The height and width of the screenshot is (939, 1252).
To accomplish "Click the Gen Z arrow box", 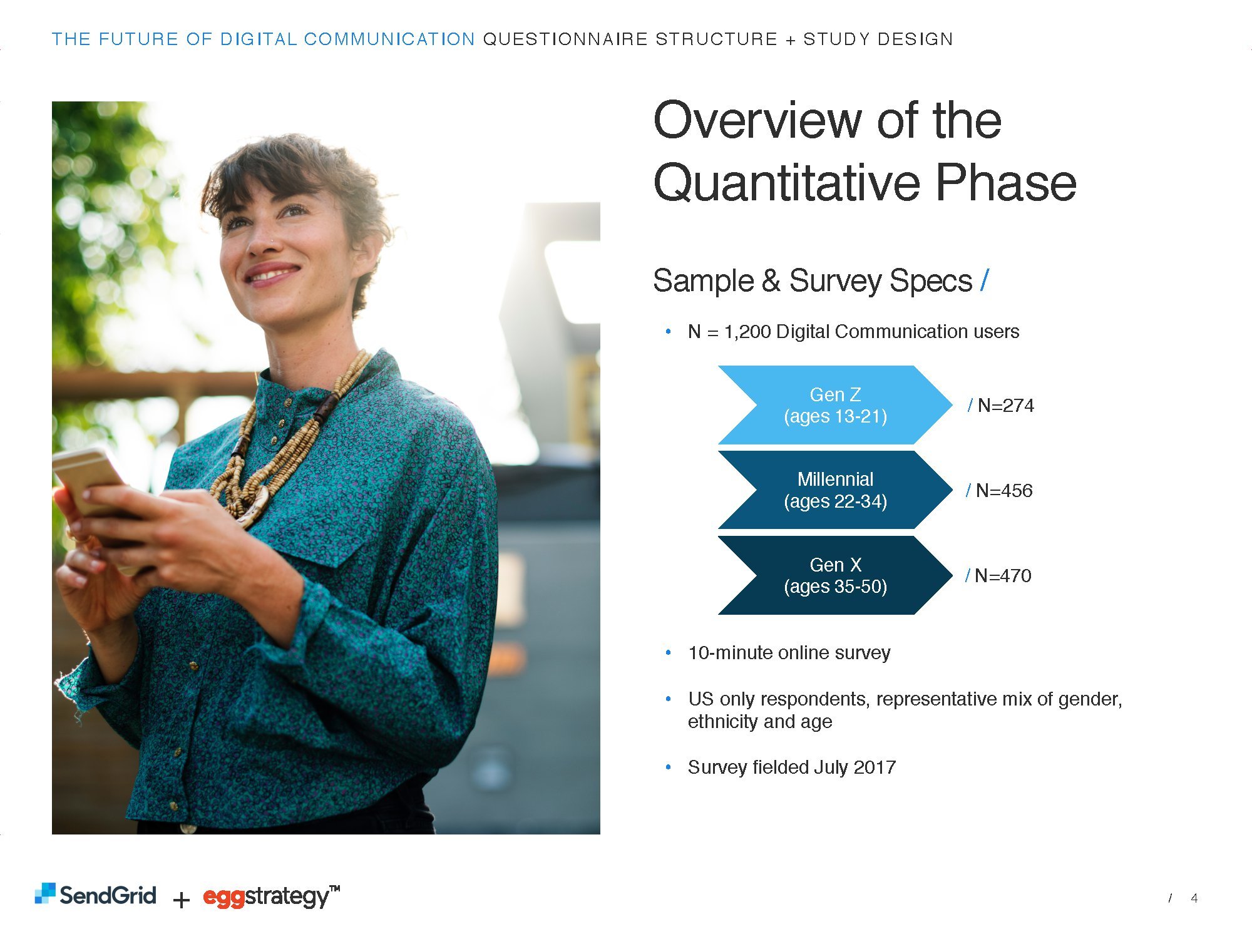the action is click(835, 405).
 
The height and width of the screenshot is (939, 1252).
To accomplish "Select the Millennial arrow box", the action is click(835, 490).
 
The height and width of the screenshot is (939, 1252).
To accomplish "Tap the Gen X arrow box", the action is click(835, 575).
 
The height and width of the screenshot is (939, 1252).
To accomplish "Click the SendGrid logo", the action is click(95, 895).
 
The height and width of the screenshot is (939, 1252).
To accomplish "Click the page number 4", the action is click(1194, 898).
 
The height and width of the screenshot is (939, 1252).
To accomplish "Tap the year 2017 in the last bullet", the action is click(875, 767).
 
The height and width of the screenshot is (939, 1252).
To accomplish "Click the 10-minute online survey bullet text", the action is click(789, 653).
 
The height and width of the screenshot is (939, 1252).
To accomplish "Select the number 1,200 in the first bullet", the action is click(747, 332).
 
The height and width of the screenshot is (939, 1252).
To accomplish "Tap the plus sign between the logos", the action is click(181, 900).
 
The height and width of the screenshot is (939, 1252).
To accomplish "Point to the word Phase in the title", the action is click(1006, 182).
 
